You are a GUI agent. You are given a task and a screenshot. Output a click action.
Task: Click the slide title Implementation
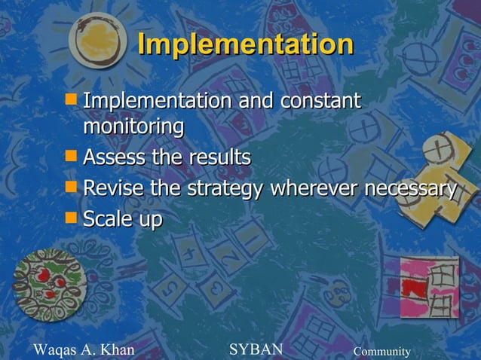pyautogui.click(x=245, y=44)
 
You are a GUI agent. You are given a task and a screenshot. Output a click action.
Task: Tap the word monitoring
pyautogui.click(x=133, y=127)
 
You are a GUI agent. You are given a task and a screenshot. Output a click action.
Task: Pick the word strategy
pyautogui.click(x=219, y=189)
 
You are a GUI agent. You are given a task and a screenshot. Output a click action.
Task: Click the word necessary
pyautogui.click(x=411, y=188)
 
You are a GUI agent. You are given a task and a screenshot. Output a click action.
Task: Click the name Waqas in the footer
pyautogui.click(x=57, y=349)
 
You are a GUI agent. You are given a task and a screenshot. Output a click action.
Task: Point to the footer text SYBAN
pyautogui.click(x=256, y=349)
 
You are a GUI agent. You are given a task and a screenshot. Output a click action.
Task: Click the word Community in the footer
pyautogui.click(x=382, y=352)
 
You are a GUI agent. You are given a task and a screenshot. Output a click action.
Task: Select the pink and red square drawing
pyautogui.click(x=428, y=287)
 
